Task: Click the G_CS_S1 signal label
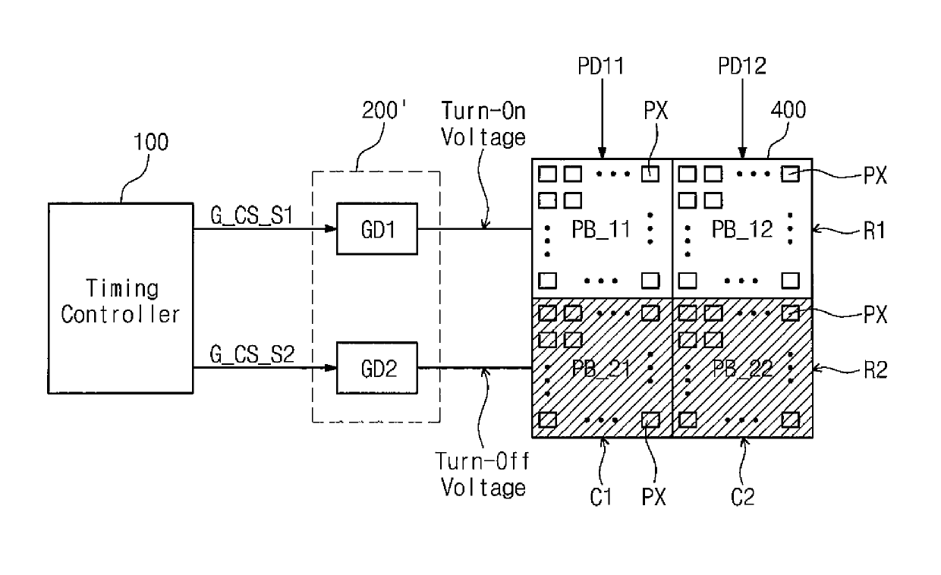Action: point(251,216)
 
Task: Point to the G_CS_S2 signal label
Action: point(252,354)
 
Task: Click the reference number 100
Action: point(151,142)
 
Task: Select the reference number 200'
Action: point(384,111)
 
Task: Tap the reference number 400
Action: point(788,110)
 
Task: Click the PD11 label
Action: point(601,66)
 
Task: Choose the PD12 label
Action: point(742,66)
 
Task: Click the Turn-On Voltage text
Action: point(483,124)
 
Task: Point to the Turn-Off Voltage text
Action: point(483,475)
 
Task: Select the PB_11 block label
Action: point(601,229)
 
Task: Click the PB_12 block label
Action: point(742,229)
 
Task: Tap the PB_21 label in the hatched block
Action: point(601,369)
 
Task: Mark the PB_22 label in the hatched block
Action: point(742,369)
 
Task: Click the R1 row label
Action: point(875,231)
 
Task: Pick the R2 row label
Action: point(876,370)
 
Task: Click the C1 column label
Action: point(601,498)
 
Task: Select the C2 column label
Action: point(742,498)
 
